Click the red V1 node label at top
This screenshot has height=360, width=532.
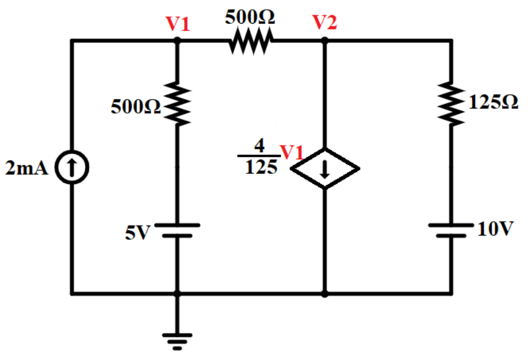pyautogui.click(x=178, y=24)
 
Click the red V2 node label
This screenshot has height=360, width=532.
pyautogui.click(x=325, y=23)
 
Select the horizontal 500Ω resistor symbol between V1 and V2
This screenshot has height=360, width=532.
pyautogui.click(x=250, y=41)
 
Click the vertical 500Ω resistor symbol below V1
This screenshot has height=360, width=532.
pyautogui.click(x=177, y=105)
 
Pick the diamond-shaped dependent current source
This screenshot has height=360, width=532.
pyautogui.click(x=325, y=168)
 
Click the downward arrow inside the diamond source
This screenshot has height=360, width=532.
pyautogui.click(x=324, y=170)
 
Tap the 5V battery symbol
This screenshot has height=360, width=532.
pyautogui.click(x=177, y=230)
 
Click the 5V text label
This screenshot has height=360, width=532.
pyautogui.click(x=137, y=233)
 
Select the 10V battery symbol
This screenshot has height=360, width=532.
pyautogui.click(x=451, y=230)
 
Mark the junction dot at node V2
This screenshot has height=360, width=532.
pyautogui.click(x=324, y=41)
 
